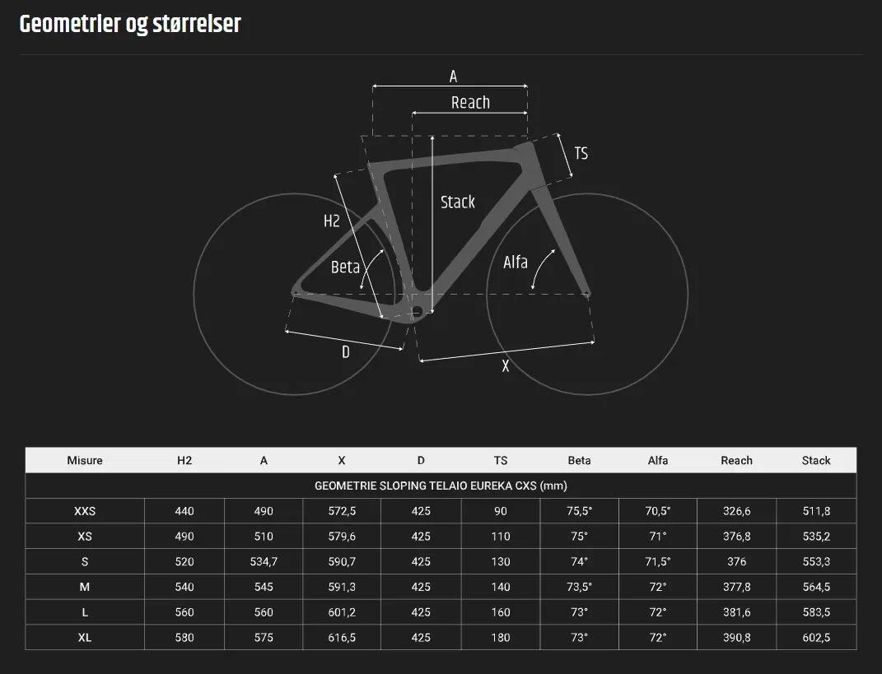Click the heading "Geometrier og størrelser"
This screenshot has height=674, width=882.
coord(130,24)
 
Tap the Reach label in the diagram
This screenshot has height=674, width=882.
coord(470,103)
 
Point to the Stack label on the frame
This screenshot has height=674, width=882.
coord(457,202)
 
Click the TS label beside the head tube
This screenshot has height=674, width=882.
coord(581,154)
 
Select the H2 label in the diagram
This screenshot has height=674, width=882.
coord(331,221)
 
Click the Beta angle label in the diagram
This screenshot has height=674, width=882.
coord(345,267)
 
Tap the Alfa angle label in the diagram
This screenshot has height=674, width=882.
coord(515,263)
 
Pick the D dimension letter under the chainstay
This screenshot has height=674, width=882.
coord(346,352)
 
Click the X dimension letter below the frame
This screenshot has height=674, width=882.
coord(506,367)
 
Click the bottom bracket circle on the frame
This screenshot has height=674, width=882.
coord(416,311)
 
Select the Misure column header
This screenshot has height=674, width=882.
coord(85,460)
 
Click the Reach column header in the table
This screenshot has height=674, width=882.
coord(736,460)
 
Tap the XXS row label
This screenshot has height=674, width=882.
coord(85,511)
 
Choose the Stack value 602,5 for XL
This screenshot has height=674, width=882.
coord(816,638)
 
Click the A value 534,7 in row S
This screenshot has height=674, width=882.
coord(264,562)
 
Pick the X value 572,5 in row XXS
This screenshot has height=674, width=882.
coord(341,511)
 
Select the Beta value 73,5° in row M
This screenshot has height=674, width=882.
coord(579,588)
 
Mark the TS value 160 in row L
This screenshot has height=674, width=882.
coord(501,612)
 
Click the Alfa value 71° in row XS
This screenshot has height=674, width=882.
coord(658,537)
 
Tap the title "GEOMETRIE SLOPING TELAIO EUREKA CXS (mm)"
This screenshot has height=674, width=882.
coord(441,486)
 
